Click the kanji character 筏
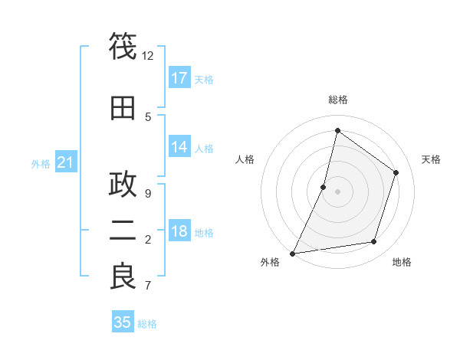tap(123, 47)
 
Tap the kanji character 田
tap(123, 108)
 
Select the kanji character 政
tap(123, 185)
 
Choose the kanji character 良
tap(123, 277)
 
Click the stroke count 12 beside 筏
tap(148, 56)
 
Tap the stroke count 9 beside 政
tap(148, 193)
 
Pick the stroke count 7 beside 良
tap(148, 286)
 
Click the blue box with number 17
tap(179, 78)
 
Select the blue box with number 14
tap(179, 147)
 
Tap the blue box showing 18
tap(179, 232)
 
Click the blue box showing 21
tap(66, 162)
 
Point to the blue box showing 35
tap(123, 322)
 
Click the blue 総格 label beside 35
tap(148, 324)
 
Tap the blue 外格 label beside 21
tap(41, 164)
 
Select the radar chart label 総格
tap(337, 100)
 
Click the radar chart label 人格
tap(245, 159)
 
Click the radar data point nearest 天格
tap(396, 172)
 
